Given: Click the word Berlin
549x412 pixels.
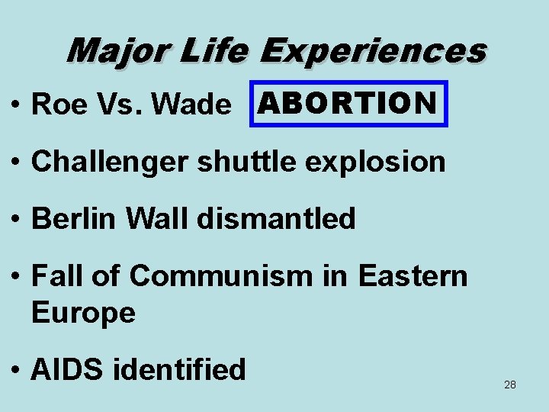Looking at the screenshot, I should click(70, 219).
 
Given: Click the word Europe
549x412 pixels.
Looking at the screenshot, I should click(83, 313).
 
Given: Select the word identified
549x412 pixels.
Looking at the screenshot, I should click(179, 369).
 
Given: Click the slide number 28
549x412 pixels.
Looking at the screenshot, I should click(510, 385).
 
